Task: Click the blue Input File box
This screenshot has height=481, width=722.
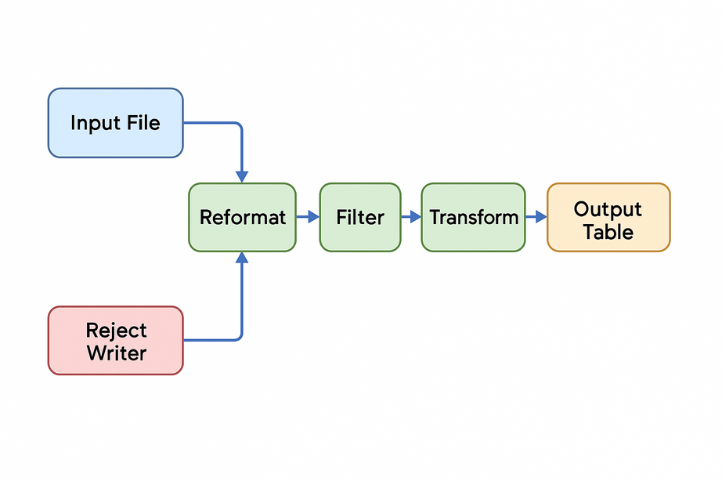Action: [115, 123]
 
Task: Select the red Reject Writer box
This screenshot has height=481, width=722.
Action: [115, 341]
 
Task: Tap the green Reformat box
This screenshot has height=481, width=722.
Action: [242, 217]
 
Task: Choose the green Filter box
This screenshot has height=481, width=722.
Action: [359, 217]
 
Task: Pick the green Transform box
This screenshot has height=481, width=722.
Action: [473, 217]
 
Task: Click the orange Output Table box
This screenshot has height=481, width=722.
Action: [608, 217]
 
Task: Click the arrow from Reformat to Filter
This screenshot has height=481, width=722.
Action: [308, 217]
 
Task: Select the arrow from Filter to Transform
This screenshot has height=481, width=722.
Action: [411, 217]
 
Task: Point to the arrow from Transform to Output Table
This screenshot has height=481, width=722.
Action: [536, 217]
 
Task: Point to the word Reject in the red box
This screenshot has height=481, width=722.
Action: [117, 330]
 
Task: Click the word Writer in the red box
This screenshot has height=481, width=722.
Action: [117, 353]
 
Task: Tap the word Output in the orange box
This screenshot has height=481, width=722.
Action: [608, 209]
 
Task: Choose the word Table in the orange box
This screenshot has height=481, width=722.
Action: [608, 232]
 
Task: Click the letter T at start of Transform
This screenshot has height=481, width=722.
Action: [435, 217]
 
